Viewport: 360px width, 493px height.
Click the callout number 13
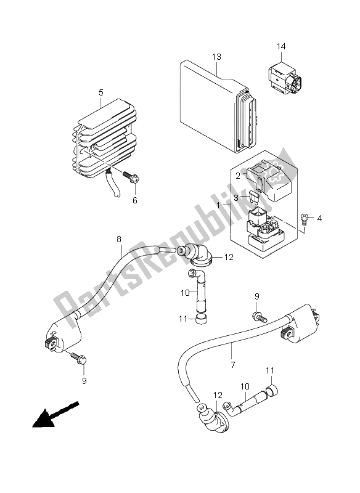216,57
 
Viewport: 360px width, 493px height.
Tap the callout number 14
281,47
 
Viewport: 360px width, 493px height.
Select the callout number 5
100,92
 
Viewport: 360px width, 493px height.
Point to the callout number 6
135,200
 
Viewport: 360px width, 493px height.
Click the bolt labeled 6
131,177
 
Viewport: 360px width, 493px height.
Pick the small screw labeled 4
304,219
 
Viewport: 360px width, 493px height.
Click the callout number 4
319,218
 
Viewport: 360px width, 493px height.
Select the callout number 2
238,176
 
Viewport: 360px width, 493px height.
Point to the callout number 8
119,239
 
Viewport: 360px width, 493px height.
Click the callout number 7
232,365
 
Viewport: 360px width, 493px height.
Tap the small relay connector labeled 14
282,77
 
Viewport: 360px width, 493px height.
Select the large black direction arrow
55,414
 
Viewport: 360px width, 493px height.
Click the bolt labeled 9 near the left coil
79,358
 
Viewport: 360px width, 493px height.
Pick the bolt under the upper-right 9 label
260,316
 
